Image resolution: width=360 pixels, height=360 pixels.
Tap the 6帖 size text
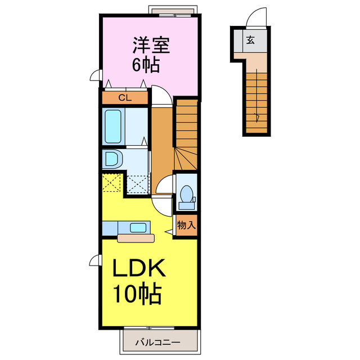pos(146,64)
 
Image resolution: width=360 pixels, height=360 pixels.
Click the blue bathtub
pos(114,127)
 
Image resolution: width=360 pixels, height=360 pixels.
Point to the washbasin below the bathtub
pos(112,159)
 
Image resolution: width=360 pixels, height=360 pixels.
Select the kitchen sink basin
pos(138,228)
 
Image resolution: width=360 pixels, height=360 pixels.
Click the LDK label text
pos(139,269)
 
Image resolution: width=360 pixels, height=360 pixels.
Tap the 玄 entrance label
pos(250,40)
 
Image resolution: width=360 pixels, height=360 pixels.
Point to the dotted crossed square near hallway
pos(136,184)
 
